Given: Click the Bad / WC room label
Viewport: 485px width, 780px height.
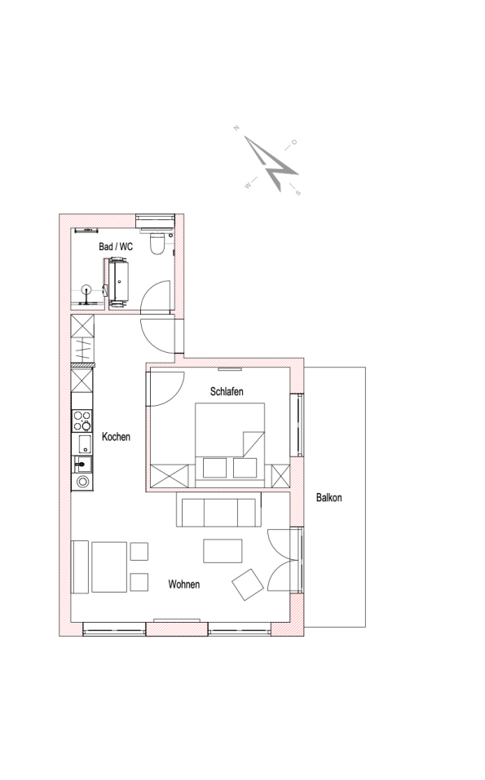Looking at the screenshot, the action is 116,247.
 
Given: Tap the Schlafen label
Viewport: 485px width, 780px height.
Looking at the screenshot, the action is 227,391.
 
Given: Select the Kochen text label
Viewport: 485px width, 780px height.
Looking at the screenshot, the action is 116,437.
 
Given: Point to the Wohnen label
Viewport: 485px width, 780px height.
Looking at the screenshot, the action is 184,584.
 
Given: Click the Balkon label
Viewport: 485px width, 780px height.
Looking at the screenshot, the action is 328,497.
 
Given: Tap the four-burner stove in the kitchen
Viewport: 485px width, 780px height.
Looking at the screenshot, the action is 82,421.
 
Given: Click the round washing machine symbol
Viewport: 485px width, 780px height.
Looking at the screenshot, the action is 82,482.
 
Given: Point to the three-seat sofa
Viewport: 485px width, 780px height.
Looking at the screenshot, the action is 219,510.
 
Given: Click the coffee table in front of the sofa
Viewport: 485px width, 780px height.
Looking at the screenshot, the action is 223,551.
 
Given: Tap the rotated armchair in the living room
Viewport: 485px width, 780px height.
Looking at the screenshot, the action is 248,584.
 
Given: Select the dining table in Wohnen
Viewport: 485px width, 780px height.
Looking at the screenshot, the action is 109,567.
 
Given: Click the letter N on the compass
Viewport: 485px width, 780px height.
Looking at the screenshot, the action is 236,128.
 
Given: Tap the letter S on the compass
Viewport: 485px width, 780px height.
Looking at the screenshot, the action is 298,192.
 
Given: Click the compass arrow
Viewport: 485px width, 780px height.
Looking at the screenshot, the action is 272,164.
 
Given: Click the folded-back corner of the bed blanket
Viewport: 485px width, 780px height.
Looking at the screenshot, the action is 253,444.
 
